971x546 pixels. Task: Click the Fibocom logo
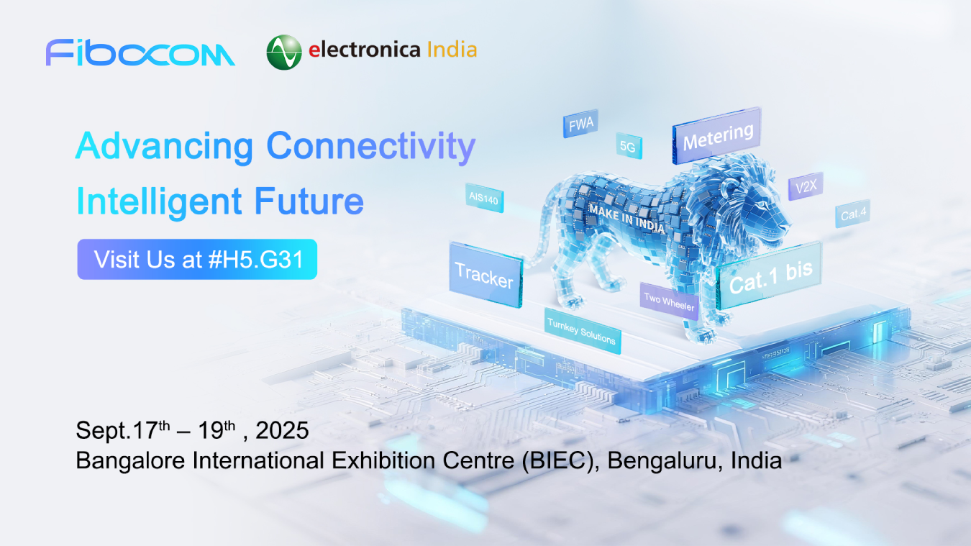click(140, 53)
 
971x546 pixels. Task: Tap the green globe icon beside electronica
click(284, 53)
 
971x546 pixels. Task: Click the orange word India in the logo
click(452, 50)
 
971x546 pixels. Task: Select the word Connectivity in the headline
click(370, 147)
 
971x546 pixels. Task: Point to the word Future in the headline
click(309, 201)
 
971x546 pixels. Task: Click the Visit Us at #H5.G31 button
click(197, 260)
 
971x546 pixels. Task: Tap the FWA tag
click(581, 124)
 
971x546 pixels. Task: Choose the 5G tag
click(629, 146)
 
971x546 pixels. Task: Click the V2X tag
click(806, 186)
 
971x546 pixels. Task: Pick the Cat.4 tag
click(852, 214)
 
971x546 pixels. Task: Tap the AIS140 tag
click(484, 199)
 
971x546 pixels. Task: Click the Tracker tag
click(486, 275)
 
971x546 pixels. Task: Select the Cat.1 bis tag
click(769, 276)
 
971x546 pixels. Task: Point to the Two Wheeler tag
click(670, 301)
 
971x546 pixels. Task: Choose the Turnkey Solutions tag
click(582, 331)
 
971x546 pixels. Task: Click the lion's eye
click(762, 204)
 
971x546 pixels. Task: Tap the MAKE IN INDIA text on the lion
click(626, 219)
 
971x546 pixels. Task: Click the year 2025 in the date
click(282, 431)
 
